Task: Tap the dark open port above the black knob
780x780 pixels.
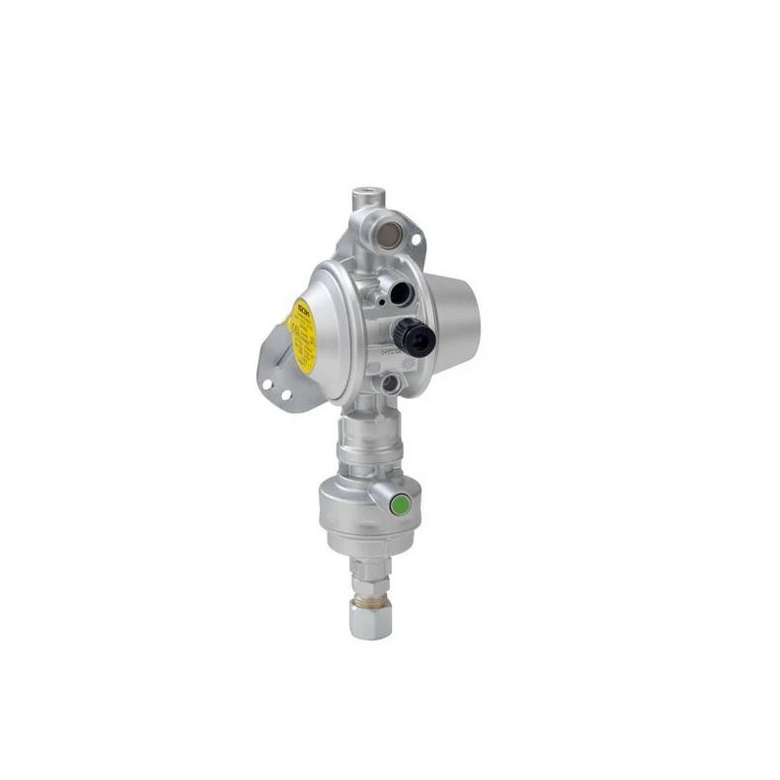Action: click(401, 293)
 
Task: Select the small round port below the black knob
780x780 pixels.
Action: click(391, 383)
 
